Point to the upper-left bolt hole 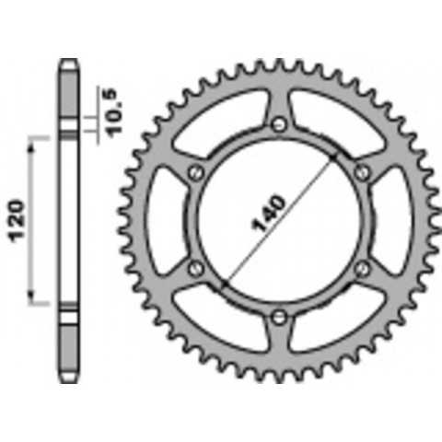(194, 172)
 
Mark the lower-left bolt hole (194, 268)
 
